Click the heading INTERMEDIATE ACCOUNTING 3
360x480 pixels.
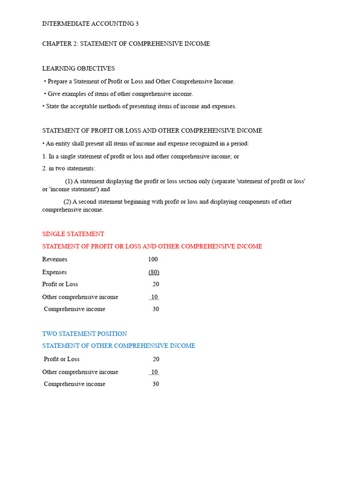pos(90,23)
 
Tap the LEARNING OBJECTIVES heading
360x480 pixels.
pos(78,68)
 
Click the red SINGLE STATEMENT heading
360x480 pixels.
pos(73,234)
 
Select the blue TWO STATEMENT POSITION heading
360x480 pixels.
pos(84,334)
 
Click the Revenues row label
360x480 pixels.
pos(55,259)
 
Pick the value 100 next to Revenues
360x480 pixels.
pos(153,259)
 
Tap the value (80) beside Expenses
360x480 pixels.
pos(154,272)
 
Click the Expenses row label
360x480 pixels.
pos(54,272)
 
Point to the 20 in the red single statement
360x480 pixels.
pos(156,284)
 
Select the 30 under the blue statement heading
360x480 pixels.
pos(156,384)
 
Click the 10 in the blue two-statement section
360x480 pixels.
pos(154,372)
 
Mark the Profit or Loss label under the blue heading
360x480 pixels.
pos(61,359)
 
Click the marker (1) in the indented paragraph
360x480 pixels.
pos(68,181)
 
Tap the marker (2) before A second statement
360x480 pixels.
pos(67,202)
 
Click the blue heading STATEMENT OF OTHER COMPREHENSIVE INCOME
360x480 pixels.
pos(119,346)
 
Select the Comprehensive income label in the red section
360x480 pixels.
pos(75,309)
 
